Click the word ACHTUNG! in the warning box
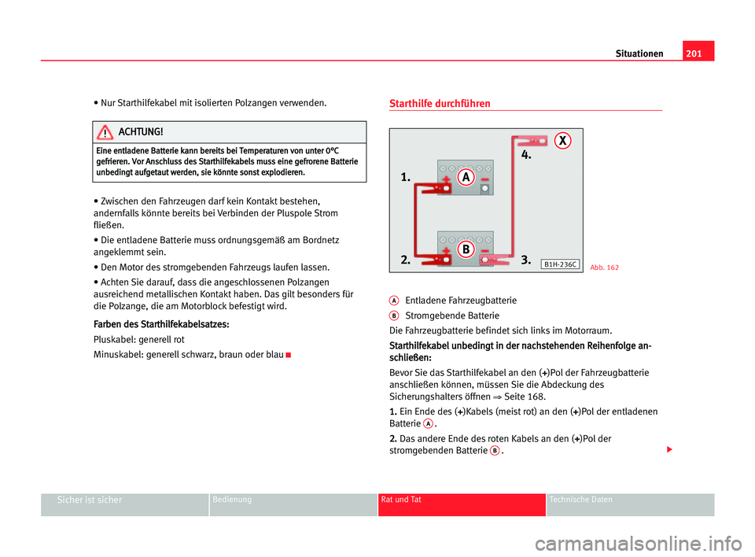[x=140, y=131]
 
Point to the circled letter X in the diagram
[x=562, y=142]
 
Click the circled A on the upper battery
[x=466, y=177]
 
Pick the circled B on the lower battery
[x=466, y=249]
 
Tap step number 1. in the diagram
[x=405, y=179]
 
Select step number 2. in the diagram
[x=405, y=259]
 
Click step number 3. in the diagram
[x=526, y=259]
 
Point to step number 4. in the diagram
[x=526, y=156]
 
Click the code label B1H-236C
[x=561, y=265]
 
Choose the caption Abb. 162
[x=604, y=267]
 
